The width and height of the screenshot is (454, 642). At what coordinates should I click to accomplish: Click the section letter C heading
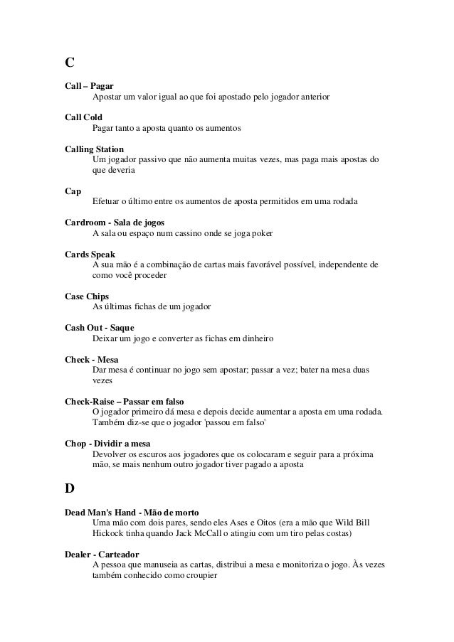point(69,63)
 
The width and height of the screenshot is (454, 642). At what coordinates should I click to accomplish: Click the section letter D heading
point(70,490)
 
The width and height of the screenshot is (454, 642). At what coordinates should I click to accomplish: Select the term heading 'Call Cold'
point(83,117)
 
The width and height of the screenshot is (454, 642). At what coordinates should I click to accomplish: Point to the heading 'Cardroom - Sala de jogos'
point(115,223)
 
